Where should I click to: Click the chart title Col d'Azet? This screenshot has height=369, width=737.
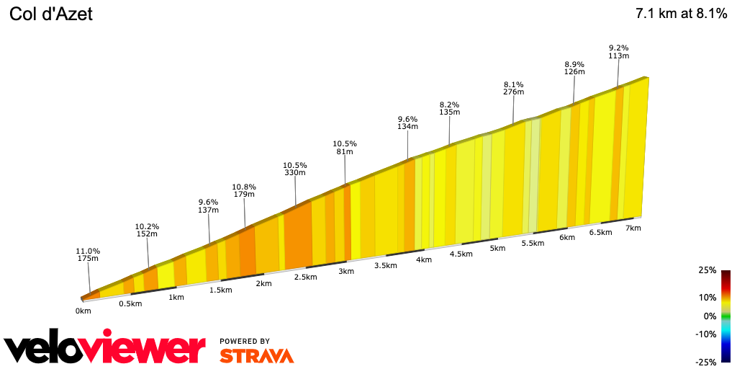(51, 14)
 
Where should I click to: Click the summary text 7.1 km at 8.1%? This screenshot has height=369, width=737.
(681, 14)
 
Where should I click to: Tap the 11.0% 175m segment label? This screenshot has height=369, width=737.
(88, 255)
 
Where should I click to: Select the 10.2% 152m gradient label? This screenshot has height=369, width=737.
(147, 230)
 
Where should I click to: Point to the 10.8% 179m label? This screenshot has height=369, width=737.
(244, 191)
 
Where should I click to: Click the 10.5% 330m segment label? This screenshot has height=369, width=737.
(295, 169)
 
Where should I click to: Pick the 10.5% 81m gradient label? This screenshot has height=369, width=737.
(345, 148)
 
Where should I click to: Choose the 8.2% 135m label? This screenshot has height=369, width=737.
(449, 108)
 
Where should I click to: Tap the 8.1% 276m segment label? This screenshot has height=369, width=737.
(514, 88)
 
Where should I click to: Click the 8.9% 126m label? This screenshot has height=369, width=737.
(574, 68)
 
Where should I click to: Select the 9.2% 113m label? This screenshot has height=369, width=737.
(619, 52)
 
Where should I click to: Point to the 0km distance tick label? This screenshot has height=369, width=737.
(83, 311)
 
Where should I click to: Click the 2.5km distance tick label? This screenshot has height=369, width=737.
(305, 277)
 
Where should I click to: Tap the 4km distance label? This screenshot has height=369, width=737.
(423, 259)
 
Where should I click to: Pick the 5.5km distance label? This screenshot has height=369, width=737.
(532, 244)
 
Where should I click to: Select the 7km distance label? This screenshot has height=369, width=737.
(633, 228)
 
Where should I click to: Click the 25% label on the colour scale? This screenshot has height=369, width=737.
(707, 271)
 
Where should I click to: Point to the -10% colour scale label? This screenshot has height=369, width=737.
(706, 334)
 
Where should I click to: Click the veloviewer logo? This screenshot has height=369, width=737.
(105, 349)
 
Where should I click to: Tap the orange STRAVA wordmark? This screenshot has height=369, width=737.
(256, 355)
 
